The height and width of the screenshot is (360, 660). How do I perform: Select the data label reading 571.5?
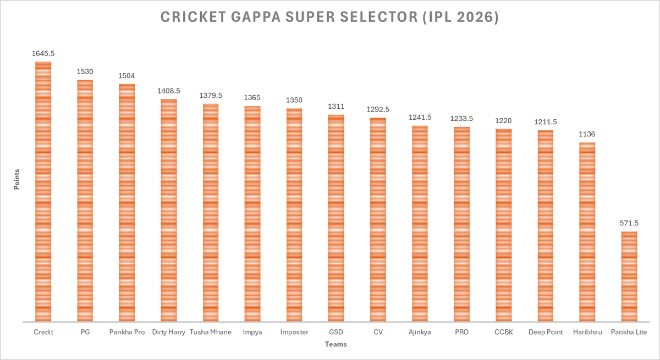[629, 223]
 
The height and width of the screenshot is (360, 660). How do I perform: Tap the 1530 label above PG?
[85, 72]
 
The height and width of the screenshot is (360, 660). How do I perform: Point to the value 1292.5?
[378, 109]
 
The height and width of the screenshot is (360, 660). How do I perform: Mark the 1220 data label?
[503, 121]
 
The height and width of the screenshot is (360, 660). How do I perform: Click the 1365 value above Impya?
[252, 98]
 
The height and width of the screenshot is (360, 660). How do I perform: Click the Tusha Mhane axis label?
[211, 332]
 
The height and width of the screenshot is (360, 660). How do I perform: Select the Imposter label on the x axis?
[294, 332]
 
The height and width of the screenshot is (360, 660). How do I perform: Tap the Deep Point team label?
[545, 332]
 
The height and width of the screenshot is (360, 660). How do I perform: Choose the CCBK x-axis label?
[503, 332]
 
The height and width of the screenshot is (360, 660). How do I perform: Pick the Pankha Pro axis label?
[127, 332]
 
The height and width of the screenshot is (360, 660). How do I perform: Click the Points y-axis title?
[16, 179]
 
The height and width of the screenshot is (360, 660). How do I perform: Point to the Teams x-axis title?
[335, 345]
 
